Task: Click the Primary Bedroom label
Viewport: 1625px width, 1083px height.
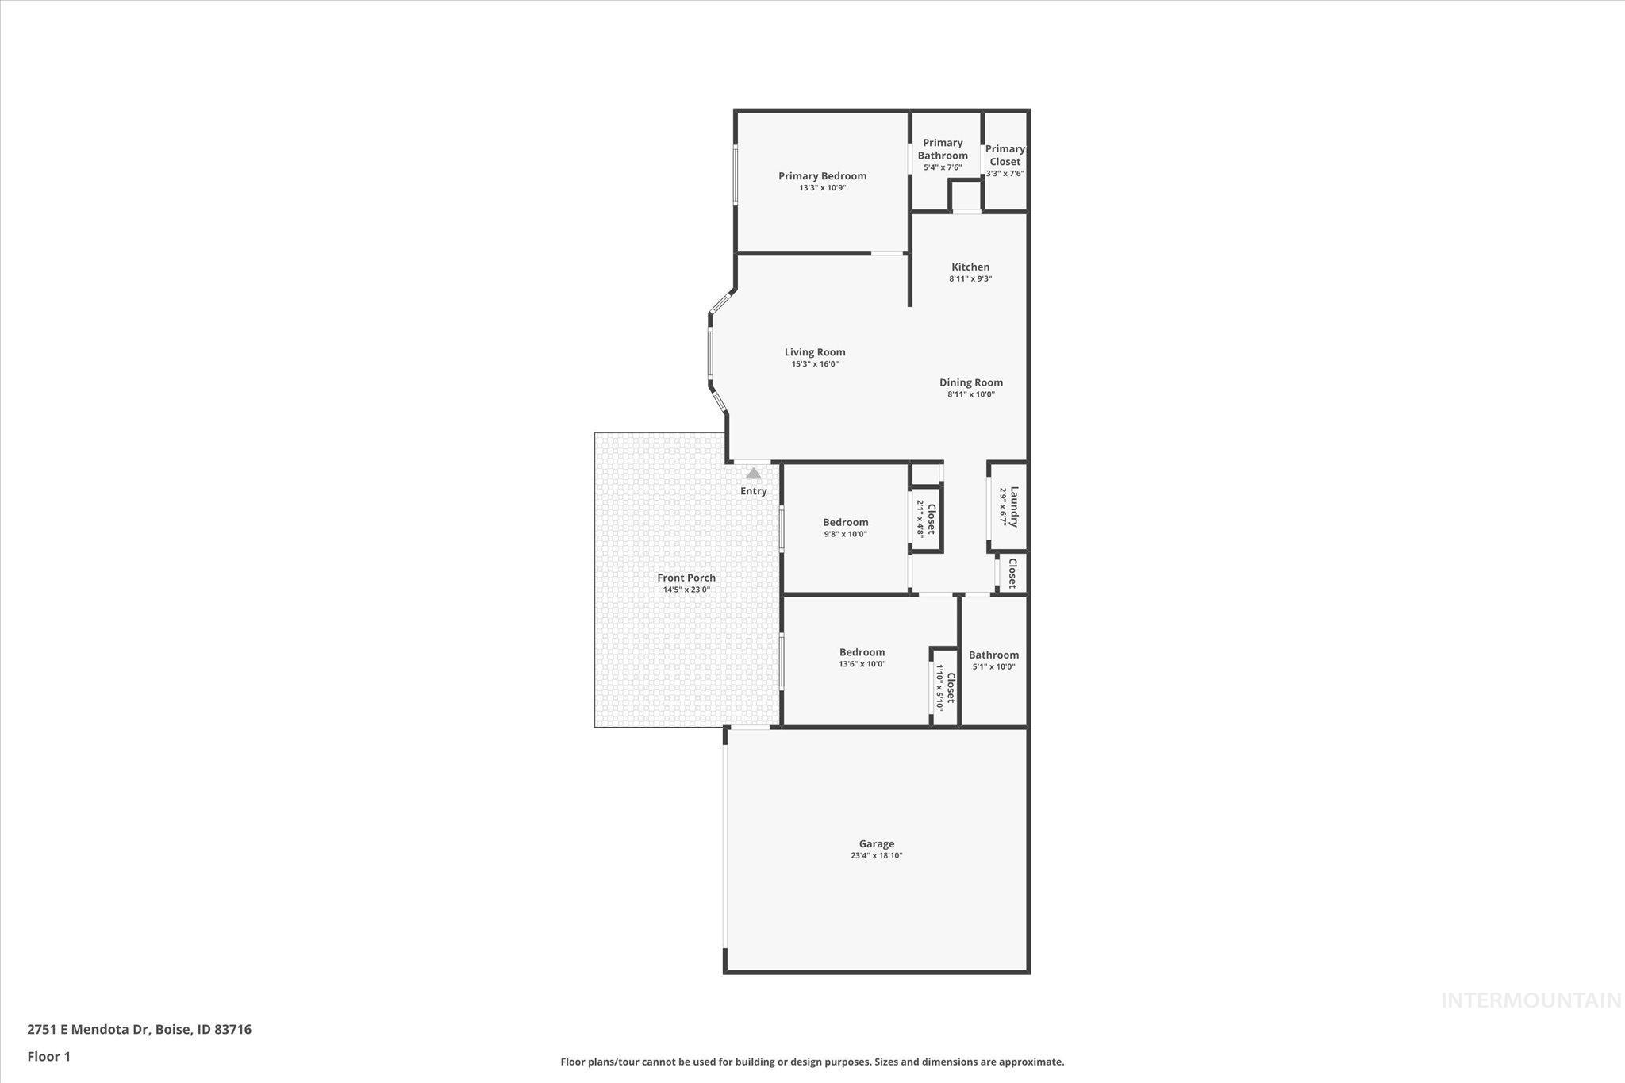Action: pyautogui.click(x=822, y=176)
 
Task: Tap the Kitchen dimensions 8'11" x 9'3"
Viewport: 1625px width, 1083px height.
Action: pyautogui.click(x=970, y=278)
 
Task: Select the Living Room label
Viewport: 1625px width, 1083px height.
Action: pyautogui.click(x=815, y=352)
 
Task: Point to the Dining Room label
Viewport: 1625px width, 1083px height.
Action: pyautogui.click(x=970, y=382)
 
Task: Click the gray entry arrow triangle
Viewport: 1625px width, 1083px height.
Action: pyautogui.click(x=754, y=474)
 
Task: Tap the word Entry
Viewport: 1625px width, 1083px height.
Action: pyautogui.click(x=754, y=491)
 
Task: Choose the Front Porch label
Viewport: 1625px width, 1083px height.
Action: pyautogui.click(x=686, y=578)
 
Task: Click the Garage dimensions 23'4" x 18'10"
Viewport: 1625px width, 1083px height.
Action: pyautogui.click(x=876, y=855)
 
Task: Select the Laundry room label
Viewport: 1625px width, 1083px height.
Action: pyautogui.click(x=1013, y=507)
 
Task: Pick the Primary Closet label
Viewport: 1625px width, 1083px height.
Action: pyautogui.click(x=1005, y=155)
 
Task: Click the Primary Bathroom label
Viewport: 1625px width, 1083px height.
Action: pyautogui.click(x=943, y=149)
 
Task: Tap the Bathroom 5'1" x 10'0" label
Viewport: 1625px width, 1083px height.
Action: pyautogui.click(x=993, y=655)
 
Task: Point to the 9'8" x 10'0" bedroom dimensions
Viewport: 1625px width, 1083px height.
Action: pyautogui.click(x=845, y=534)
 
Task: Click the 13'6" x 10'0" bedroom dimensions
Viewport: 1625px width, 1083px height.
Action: pyautogui.click(x=862, y=664)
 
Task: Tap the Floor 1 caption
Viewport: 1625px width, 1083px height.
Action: pyautogui.click(x=49, y=1056)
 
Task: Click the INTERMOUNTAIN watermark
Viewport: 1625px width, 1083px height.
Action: pyautogui.click(x=1531, y=1000)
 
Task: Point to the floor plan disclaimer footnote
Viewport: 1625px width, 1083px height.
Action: pyautogui.click(x=812, y=1062)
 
